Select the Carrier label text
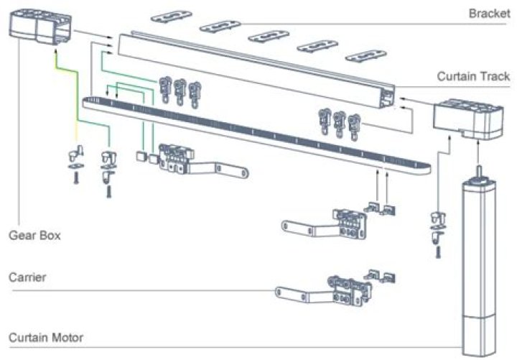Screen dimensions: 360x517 coord(25,277)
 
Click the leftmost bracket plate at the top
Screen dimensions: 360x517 coord(172,15)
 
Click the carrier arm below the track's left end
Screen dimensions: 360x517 coord(201,163)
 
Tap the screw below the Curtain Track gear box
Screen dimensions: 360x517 coord(435,251)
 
